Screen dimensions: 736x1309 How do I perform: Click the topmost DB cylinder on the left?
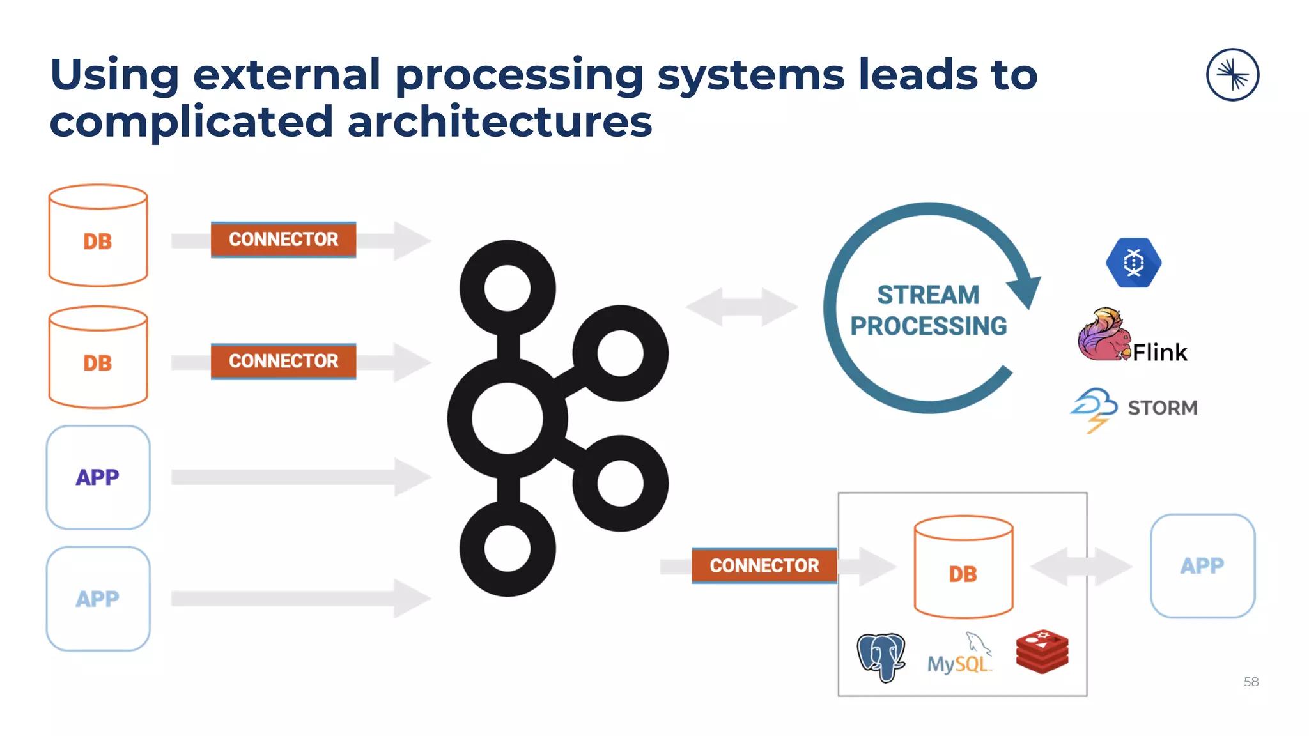pyautogui.click(x=98, y=236)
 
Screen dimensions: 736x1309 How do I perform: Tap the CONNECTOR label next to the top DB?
pyautogui.click(x=283, y=240)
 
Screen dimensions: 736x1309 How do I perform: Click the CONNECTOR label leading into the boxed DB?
pyautogui.click(x=764, y=565)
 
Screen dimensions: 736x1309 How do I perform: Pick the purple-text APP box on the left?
pyautogui.click(x=98, y=477)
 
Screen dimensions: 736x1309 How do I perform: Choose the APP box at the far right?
pyautogui.click(x=1202, y=566)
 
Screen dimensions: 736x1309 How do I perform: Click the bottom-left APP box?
pyautogui.click(x=98, y=599)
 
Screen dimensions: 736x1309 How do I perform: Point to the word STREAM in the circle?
pyautogui.click(x=928, y=295)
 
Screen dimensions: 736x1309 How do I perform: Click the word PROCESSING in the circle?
pyautogui.click(x=928, y=326)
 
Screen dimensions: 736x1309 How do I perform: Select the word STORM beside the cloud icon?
pyautogui.click(x=1162, y=408)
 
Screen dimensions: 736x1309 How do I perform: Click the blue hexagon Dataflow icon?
pyautogui.click(x=1133, y=263)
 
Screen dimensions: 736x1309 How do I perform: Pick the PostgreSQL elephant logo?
pyautogui.click(x=881, y=657)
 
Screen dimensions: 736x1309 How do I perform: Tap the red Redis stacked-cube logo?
pyautogui.click(x=1042, y=651)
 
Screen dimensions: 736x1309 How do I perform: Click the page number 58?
pyautogui.click(x=1251, y=682)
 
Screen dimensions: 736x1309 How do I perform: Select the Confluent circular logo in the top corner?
pyautogui.click(x=1232, y=75)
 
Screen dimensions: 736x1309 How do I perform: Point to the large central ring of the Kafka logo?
pyautogui.click(x=507, y=418)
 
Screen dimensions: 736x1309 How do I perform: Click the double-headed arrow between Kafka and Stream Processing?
pyautogui.click(x=741, y=307)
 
